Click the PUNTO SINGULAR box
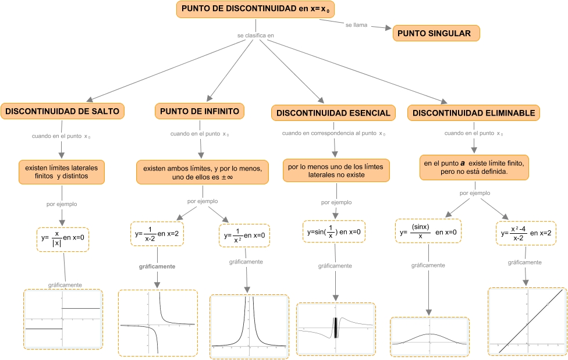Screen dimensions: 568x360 pyautogui.click(x=436, y=33)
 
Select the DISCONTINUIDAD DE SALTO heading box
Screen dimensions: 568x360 pyautogui.click(x=62, y=111)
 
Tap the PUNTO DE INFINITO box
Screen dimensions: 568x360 pyautogui.click(x=200, y=111)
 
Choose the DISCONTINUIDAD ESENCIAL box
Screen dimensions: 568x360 pyautogui.click(x=333, y=113)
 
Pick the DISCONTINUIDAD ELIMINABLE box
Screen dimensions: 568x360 pyautogui.click(x=474, y=113)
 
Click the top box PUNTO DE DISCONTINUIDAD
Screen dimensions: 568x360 pyautogui.click(x=255, y=9)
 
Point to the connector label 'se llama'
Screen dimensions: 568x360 pyautogui.click(x=356, y=25)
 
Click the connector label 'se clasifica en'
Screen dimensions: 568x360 pyautogui.click(x=255, y=35)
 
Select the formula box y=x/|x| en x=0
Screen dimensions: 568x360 pyautogui.click(x=63, y=240)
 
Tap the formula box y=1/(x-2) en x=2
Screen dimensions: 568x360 pyautogui.click(x=157, y=234)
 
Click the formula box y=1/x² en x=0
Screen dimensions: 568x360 pyautogui.click(x=244, y=236)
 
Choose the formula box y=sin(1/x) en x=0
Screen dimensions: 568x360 pyautogui.click(x=334, y=232)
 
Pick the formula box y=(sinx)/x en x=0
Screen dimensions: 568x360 pyautogui.click(x=428, y=231)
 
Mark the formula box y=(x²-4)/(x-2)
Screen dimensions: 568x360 pyautogui.click(x=526, y=233)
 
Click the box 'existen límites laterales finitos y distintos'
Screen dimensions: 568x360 pyautogui.click(x=62, y=172)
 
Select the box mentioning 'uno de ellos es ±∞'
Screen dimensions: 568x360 pyautogui.click(x=203, y=172)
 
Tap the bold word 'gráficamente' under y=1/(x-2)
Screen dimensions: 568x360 pyautogui.click(x=157, y=266)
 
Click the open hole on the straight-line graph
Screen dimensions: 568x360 pyautogui.click(x=548, y=304)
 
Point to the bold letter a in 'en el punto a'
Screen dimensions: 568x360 pyautogui.click(x=463, y=163)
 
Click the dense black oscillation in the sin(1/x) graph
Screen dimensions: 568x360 pyautogui.click(x=335, y=328)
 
